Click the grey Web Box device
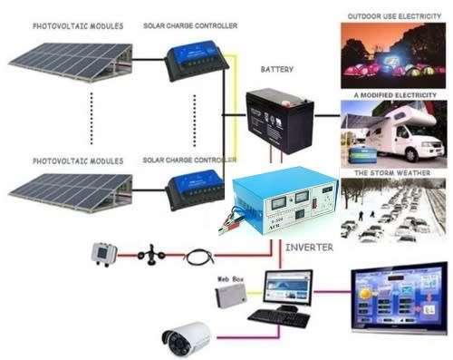[x=232, y=297]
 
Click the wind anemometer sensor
[x=150, y=258]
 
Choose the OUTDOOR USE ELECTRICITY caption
[x=394, y=15]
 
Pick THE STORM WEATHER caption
[x=393, y=171]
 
